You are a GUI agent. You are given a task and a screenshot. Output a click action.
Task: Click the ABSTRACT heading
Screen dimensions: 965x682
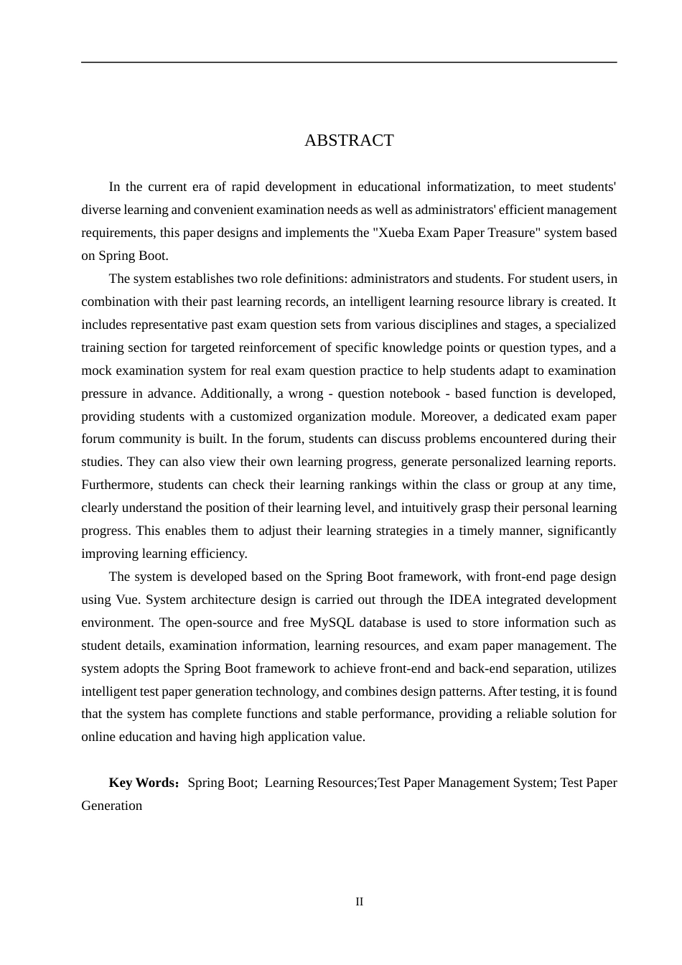(x=349, y=141)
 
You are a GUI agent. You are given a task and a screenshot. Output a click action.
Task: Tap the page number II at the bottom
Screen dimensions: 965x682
(x=359, y=902)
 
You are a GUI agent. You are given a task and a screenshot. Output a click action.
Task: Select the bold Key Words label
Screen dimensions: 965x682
(x=143, y=783)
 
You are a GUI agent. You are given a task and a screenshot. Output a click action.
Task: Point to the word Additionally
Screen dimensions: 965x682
(x=233, y=393)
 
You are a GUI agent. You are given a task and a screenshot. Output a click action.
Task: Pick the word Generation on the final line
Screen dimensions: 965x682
(x=112, y=806)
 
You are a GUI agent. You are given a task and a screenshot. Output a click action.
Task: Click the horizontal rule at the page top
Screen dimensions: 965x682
(x=349, y=62)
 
